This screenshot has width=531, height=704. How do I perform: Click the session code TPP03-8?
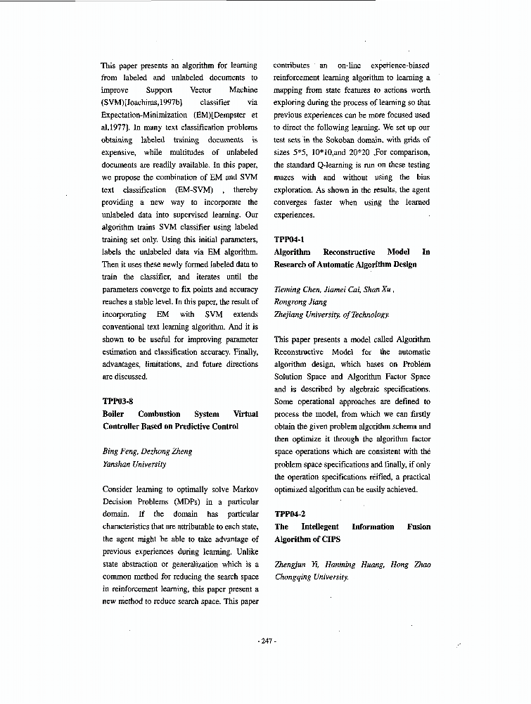[x=117, y=401]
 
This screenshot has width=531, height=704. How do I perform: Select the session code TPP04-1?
[x=289, y=239]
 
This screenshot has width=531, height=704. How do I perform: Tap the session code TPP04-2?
[x=289, y=514]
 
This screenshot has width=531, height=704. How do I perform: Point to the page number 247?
[x=266, y=641]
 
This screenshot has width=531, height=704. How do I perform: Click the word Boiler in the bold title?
[x=115, y=414]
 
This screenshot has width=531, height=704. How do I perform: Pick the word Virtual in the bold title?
[x=245, y=414]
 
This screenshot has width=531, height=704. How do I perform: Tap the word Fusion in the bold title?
[x=418, y=527]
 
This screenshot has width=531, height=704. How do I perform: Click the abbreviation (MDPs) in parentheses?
[x=160, y=502]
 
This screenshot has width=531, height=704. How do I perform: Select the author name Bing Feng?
[x=118, y=452]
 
